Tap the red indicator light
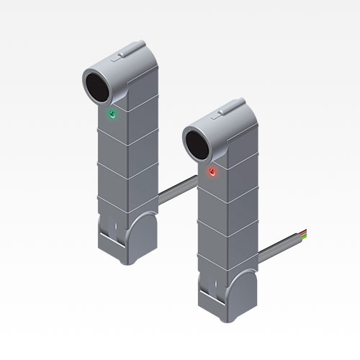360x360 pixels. (x=212, y=172)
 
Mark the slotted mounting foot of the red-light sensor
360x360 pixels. (x=210, y=297)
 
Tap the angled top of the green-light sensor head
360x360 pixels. (x=133, y=63)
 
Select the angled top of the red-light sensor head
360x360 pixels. (x=234, y=121)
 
